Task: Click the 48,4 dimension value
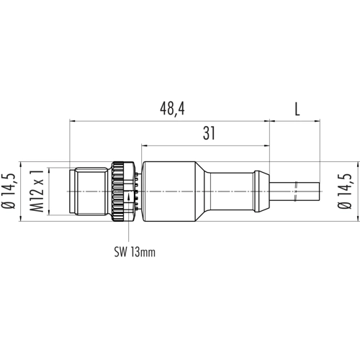[x=172, y=109]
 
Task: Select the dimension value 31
[x=209, y=133]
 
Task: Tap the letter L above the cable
[x=297, y=109]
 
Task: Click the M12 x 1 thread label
[x=37, y=191]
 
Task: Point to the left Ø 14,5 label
[x=8, y=191]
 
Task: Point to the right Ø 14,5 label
[x=345, y=191]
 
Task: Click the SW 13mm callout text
[x=135, y=252]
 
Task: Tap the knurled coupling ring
[x=118, y=192]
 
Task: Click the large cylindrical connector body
[x=168, y=192]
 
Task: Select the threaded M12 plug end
[x=88, y=192]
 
